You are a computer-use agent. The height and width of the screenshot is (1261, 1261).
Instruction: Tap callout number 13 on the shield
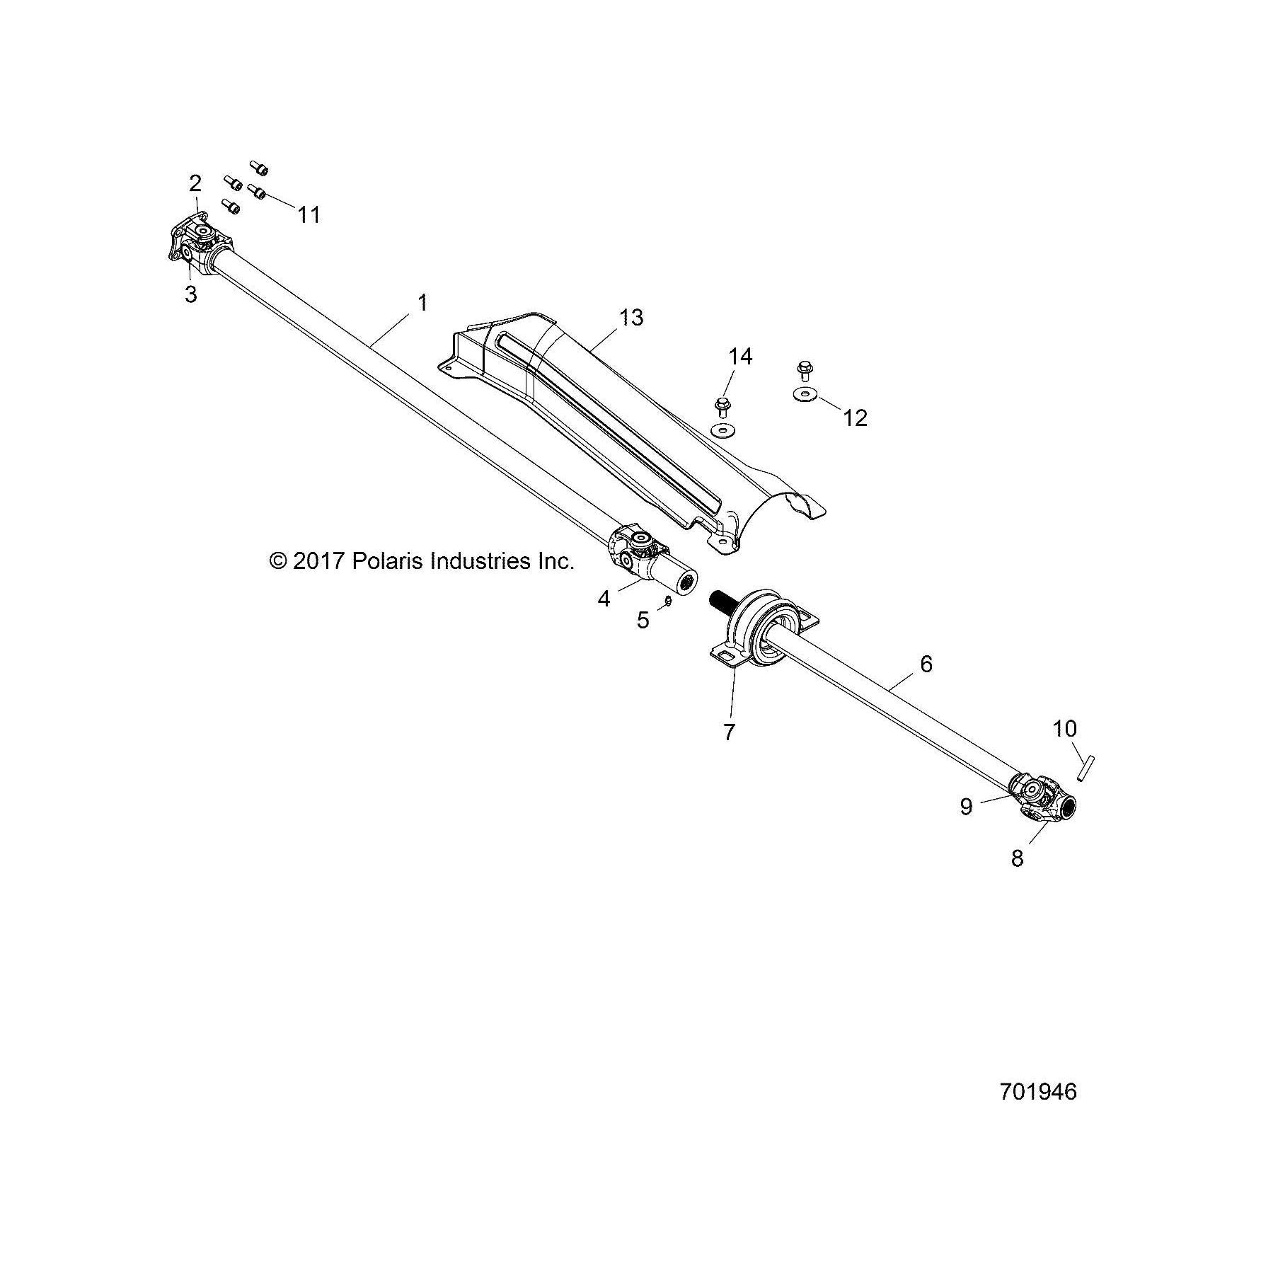[630, 318]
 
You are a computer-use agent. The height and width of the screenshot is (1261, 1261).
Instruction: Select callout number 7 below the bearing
[730, 732]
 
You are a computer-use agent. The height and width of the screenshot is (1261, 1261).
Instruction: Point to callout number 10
[1064, 728]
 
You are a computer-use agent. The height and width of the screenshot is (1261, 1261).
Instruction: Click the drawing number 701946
[1038, 1092]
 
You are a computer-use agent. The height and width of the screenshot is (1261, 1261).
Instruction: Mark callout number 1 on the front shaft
[422, 303]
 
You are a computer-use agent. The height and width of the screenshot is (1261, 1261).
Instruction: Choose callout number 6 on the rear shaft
[926, 664]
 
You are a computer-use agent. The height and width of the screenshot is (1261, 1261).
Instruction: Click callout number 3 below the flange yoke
[190, 294]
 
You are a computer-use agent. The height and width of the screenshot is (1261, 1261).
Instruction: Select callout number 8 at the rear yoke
[1017, 858]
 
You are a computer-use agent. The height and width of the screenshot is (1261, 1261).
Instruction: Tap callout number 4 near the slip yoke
[604, 599]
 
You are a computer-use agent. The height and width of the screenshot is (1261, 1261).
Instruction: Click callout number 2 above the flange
[195, 183]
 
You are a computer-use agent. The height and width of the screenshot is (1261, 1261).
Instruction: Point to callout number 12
[855, 418]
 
